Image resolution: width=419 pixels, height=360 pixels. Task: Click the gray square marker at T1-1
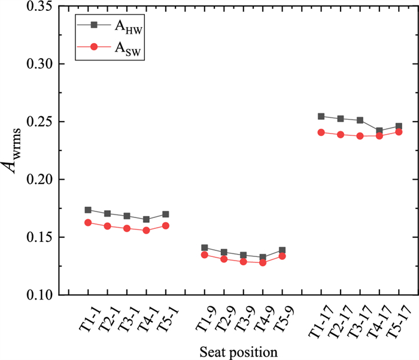point(88,210)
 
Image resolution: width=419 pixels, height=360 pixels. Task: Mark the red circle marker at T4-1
point(146,230)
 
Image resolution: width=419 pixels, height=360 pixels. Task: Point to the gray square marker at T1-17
point(321,116)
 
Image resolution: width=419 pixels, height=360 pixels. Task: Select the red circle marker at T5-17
point(399,132)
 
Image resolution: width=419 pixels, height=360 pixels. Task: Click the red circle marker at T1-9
point(204,255)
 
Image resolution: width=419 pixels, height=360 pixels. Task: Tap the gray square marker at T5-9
point(282,250)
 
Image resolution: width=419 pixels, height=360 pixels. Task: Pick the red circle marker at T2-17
point(341,134)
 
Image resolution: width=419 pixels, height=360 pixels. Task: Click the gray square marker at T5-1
point(166,214)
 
